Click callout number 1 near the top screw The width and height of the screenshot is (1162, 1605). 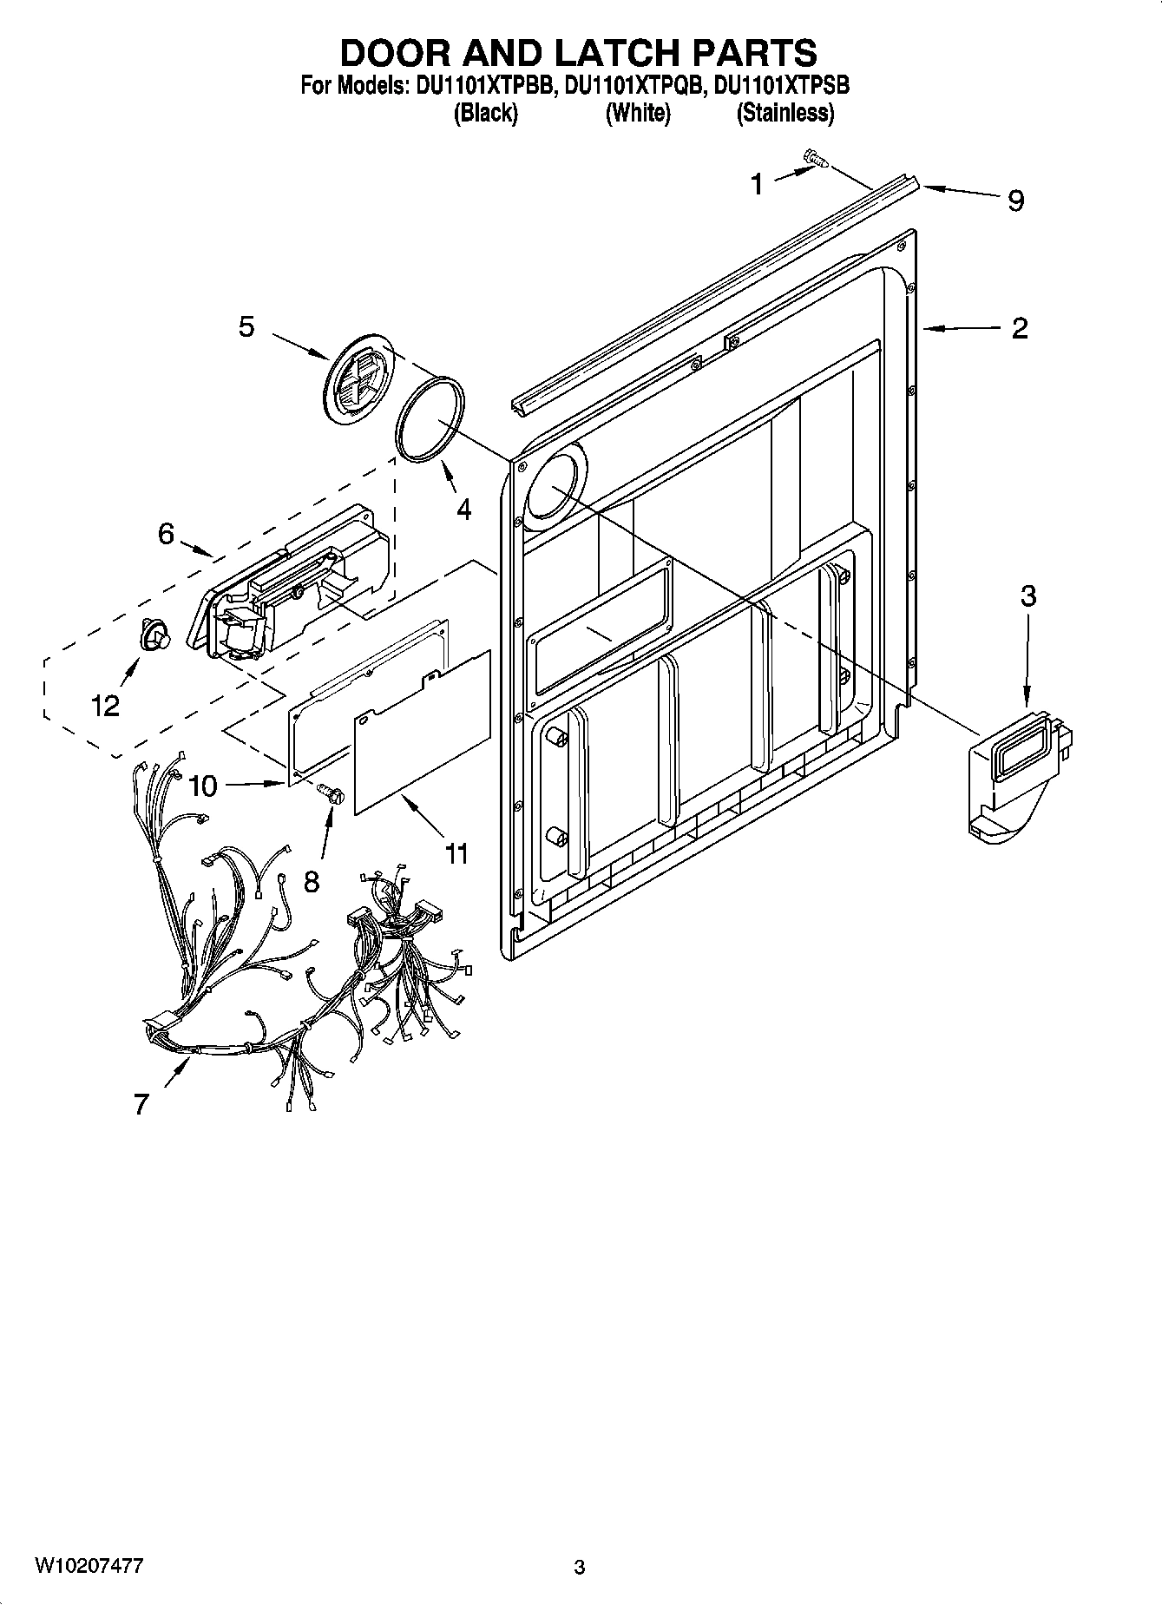pyautogui.click(x=757, y=184)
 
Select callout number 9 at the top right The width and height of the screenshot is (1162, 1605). pyautogui.click(x=1016, y=201)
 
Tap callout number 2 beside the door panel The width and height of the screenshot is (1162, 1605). pyautogui.click(x=1020, y=328)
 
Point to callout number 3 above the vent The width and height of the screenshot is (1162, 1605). pyautogui.click(x=1028, y=596)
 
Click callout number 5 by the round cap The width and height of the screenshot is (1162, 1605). pyautogui.click(x=247, y=327)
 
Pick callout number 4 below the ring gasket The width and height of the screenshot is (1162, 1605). pyautogui.click(x=464, y=510)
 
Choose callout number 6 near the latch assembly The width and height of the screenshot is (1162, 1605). pyautogui.click(x=166, y=534)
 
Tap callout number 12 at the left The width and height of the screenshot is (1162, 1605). pyautogui.click(x=105, y=706)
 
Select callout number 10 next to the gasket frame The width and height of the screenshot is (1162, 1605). pyautogui.click(x=202, y=786)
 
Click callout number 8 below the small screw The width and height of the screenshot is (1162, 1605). pyautogui.click(x=311, y=882)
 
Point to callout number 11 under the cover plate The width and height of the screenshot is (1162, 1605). pyautogui.click(x=456, y=853)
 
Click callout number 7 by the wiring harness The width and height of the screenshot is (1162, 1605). pyautogui.click(x=141, y=1104)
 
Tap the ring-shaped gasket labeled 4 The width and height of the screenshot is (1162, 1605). pyautogui.click(x=430, y=415)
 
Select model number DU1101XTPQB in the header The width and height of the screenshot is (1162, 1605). pyautogui.click(x=632, y=86)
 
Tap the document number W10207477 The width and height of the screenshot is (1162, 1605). pyautogui.click(x=89, y=1566)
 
